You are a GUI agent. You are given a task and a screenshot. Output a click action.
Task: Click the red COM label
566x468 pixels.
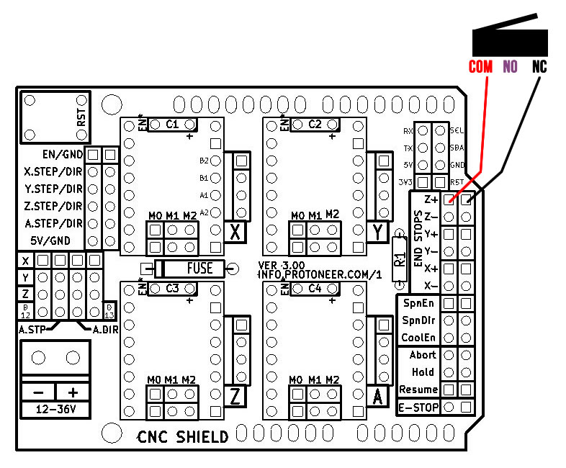click(x=480, y=67)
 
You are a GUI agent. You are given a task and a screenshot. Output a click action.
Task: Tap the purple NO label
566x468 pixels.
click(x=511, y=67)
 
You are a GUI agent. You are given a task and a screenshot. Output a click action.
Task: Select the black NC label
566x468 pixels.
click(x=539, y=67)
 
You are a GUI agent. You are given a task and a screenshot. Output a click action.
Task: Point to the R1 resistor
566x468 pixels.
click(x=400, y=258)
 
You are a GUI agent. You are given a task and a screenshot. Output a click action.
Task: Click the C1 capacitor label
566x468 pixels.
click(x=171, y=124)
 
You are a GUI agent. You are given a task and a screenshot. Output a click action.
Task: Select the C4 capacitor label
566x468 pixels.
click(x=315, y=288)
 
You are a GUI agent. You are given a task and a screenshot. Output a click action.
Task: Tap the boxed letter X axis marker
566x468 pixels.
click(x=235, y=232)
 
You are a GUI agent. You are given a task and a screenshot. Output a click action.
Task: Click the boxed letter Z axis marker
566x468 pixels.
click(x=235, y=397)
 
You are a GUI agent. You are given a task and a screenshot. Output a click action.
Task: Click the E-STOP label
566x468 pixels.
click(x=418, y=408)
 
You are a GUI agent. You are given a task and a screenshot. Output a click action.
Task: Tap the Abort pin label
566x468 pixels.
click(x=423, y=355)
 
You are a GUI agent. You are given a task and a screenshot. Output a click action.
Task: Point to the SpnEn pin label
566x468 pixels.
click(x=418, y=303)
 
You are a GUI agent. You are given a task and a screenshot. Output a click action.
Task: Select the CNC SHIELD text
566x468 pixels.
click(x=183, y=436)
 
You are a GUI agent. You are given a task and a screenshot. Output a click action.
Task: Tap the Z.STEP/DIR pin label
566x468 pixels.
click(x=53, y=207)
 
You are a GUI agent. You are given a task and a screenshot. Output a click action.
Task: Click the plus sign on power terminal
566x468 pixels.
click(x=73, y=392)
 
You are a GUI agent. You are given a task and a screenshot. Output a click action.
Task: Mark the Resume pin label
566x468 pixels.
click(x=418, y=390)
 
